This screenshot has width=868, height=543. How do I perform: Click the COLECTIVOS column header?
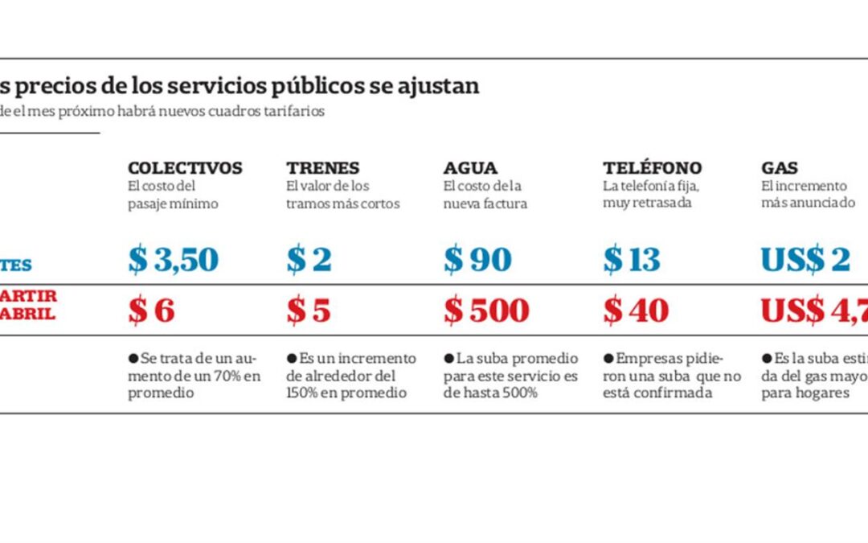point(185,168)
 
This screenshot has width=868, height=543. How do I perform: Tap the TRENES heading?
point(323,168)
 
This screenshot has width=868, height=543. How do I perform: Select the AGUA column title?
point(470,168)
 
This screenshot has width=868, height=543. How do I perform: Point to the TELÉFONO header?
point(652,168)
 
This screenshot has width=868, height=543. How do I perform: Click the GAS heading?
point(780,168)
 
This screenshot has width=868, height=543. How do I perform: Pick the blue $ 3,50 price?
point(173,260)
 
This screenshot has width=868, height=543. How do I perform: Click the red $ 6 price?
point(151,311)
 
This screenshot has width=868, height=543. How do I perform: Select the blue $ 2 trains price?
point(309,260)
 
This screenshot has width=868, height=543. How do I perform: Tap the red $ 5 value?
point(309,311)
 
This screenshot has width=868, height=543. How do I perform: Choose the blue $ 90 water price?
point(477,260)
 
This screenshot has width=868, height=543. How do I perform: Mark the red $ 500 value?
point(486,311)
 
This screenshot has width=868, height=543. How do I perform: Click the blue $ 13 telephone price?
point(632,260)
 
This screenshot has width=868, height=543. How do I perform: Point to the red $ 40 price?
point(636,311)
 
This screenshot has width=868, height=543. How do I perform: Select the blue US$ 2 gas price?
point(805,260)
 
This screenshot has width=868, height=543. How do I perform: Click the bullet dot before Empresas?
point(608,358)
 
